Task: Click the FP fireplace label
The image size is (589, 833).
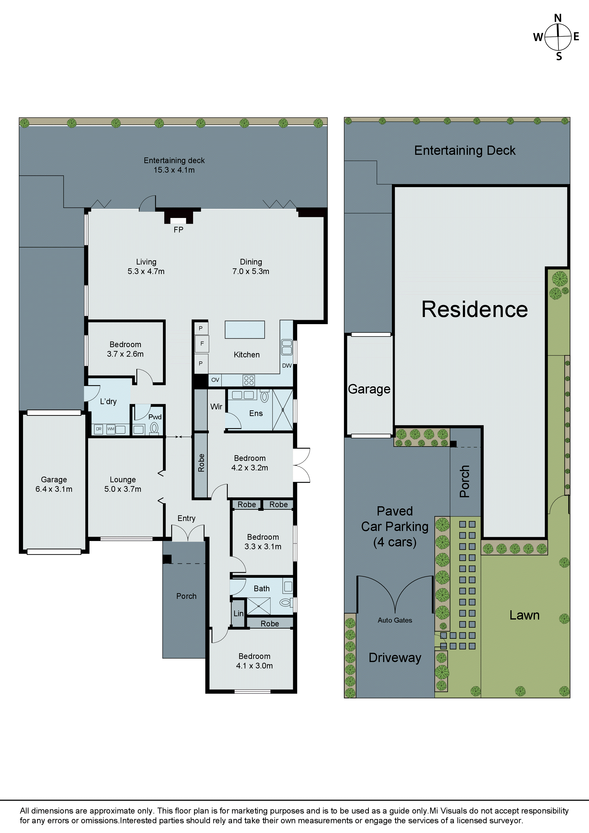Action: coord(178,230)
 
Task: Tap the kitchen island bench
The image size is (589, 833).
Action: coord(245,329)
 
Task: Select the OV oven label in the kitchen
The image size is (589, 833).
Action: coord(215,380)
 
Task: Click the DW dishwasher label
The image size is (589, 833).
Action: coord(287,365)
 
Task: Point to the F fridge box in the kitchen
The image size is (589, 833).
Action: coord(202,344)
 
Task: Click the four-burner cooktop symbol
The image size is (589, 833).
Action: coord(249,380)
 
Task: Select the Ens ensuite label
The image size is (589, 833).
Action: coord(256,413)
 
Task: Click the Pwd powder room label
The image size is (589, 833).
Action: coord(155,417)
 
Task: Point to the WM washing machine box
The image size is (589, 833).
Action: coord(111,429)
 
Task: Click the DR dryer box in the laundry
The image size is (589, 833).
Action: coord(98,429)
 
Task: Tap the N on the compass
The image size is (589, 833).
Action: coord(558,18)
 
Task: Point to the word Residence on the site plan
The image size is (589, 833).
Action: coord(474,309)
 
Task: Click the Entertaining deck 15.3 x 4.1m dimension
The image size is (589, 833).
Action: coord(174,170)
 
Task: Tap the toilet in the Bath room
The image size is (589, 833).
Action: coord(286,603)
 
